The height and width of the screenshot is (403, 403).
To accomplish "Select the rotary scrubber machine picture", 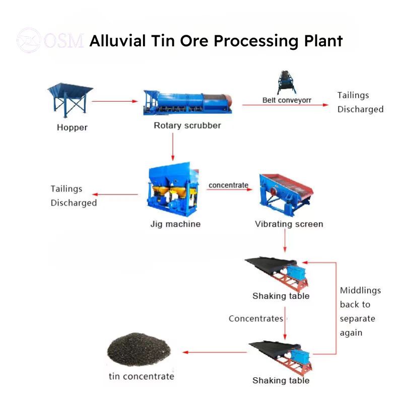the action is tap(187, 102).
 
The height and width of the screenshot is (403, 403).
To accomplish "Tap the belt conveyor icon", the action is tap(286, 83).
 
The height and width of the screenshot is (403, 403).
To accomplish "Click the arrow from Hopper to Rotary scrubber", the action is tap(115, 101).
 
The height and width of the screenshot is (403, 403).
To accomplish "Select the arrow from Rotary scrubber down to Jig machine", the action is tap(173, 147).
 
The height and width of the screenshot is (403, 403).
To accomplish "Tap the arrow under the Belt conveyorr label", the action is tap(285, 105).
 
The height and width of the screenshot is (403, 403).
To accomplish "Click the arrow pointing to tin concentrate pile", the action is tap(215, 352).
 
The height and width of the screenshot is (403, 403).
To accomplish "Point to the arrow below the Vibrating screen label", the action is tap(285, 241).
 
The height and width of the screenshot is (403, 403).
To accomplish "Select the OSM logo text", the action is tap(64, 41).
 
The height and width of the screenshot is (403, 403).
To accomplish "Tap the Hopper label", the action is tap(72, 127).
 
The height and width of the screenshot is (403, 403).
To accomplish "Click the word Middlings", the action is tap(360, 291).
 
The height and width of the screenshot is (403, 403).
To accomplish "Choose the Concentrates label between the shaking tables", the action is tap(256, 318).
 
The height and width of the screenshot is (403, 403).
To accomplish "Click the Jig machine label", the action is tap(175, 224).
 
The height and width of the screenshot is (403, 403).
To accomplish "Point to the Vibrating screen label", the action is tap(289, 224).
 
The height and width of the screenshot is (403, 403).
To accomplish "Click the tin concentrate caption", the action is tap(142, 376).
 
